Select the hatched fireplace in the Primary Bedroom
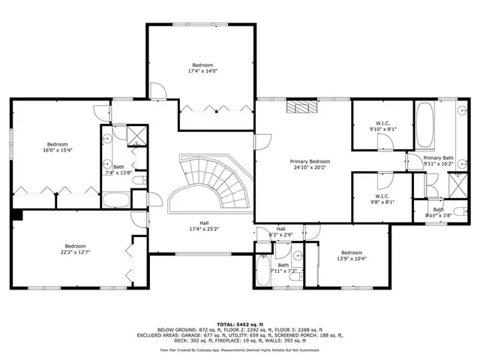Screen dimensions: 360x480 (x=301, y=106)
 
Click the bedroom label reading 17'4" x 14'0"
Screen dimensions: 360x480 (x=201, y=67)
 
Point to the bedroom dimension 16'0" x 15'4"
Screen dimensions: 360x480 (x=58, y=151)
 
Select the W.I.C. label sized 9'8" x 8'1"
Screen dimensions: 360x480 (x=382, y=201)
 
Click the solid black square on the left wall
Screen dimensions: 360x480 (x=17, y=215)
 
